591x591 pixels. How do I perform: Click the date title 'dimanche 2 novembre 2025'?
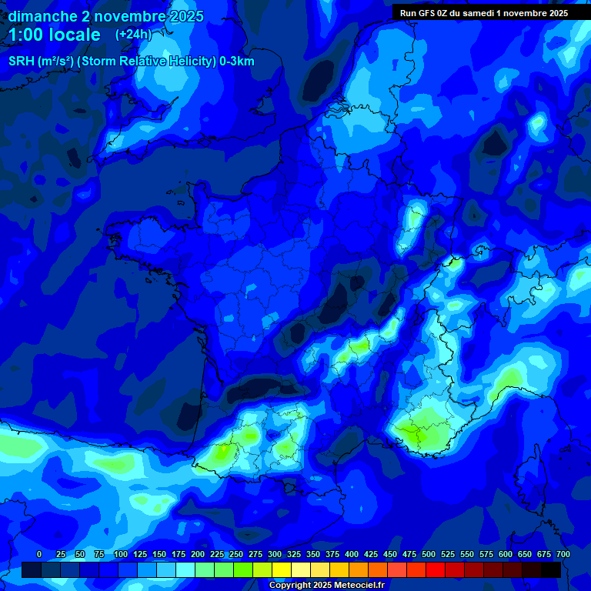(105, 16)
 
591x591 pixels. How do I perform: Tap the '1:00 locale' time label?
(55, 35)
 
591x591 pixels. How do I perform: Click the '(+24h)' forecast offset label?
(133, 35)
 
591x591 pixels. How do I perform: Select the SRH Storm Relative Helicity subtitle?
(131, 62)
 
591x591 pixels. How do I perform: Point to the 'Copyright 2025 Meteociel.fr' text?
(326, 585)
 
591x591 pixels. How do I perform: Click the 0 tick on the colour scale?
(39, 554)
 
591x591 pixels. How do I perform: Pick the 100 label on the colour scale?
(120, 554)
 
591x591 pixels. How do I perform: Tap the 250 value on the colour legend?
(236, 554)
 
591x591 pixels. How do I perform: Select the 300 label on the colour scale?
(275, 554)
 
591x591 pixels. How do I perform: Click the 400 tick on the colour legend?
(352, 554)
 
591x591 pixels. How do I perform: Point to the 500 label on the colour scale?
(429, 554)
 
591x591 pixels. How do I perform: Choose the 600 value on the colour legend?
(506, 554)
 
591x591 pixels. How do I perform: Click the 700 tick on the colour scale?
(563, 554)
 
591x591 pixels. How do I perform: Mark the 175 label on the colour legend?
(179, 554)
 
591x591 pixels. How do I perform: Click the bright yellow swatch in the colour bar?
(281, 569)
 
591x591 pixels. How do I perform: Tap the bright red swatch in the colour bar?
(436, 569)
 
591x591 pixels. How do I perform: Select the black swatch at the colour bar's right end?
(551, 569)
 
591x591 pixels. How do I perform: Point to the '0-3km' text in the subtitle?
(236, 62)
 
